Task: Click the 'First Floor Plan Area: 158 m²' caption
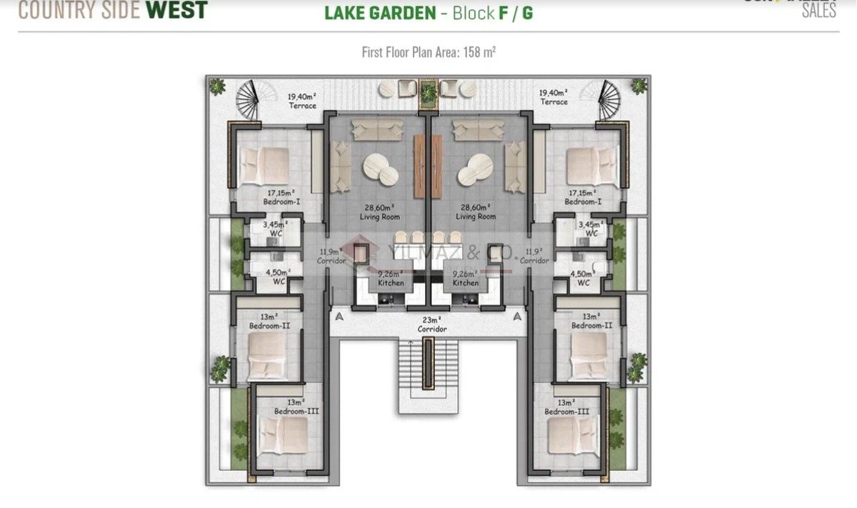pyautogui.click(x=428, y=52)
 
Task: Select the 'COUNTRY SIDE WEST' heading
pyautogui.click(x=113, y=10)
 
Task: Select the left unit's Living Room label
pyautogui.click(x=379, y=211)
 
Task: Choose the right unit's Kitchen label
pyautogui.click(x=466, y=278)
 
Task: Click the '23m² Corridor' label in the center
pyautogui.click(x=431, y=325)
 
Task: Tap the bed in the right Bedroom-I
pyautogui.click(x=592, y=165)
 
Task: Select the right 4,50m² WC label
pyautogui.click(x=583, y=278)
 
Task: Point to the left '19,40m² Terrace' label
pyautogui.click(x=302, y=100)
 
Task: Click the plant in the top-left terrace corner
pyautogui.click(x=216, y=86)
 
